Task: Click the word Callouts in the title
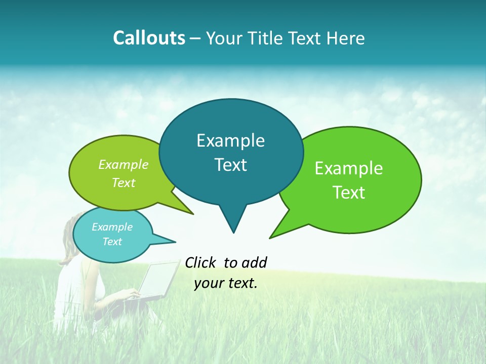tap(149, 38)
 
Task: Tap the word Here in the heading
tap(346, 38)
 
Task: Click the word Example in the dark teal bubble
tap(230, 141)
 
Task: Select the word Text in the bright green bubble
tap(349, 192)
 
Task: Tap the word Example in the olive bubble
tap(124, 165)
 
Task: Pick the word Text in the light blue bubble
tap(112, 242)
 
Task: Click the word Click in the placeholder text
tap(201, 262)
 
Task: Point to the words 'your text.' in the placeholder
tap(226, 283)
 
